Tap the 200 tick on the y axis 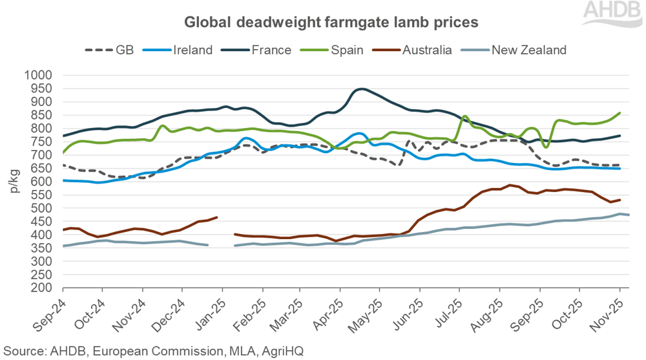(x=39, y=288)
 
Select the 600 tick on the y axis (x=39, y=182)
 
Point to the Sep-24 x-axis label (x=50, y=313)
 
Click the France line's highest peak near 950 (x=362, y=89)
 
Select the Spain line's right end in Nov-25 (x=620, y=113)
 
